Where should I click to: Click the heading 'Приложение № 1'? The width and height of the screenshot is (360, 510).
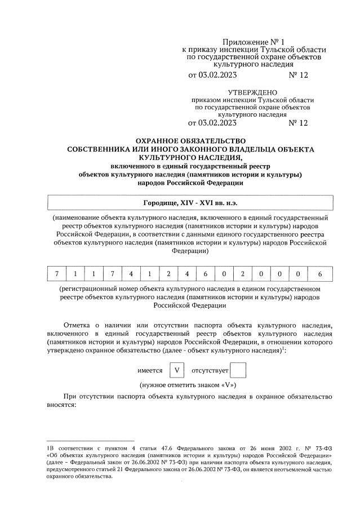[x=251, y=42]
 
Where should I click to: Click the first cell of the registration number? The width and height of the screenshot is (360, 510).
[x=56, y=274]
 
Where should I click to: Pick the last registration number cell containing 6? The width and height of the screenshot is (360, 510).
[x=319, y=274]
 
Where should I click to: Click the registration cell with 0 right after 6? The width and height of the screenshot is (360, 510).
[x=224, y=274]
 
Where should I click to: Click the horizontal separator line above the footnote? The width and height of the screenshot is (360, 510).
[x=90, y=440]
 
